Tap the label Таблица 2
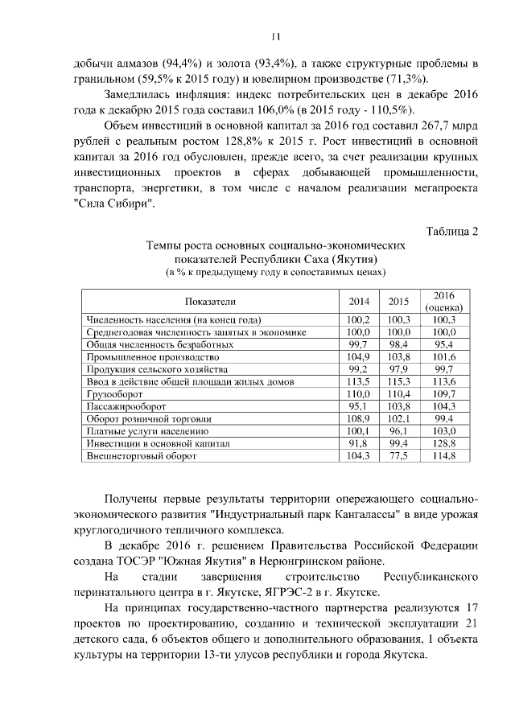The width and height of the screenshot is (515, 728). [447, 232]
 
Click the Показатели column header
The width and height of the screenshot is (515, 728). [209, 302]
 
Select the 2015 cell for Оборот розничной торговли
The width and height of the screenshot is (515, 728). [398, 418]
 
